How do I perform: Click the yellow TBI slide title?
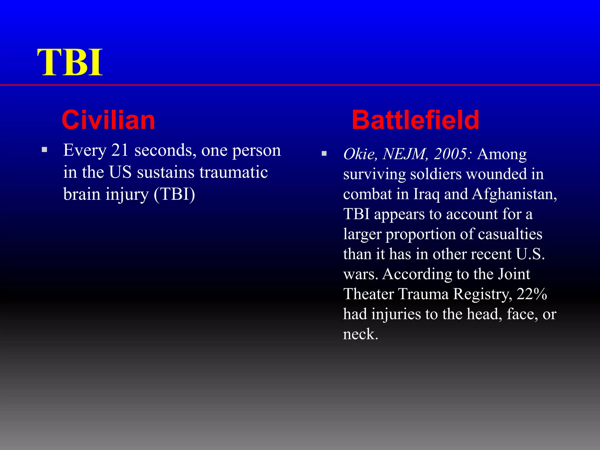click(x=70, y=62)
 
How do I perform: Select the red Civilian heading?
click(x=108, y=120)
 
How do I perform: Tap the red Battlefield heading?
click(x=415, y=120)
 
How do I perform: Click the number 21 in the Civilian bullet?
click(x=120, y=150)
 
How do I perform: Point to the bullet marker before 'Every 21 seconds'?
click(x=45, y=150)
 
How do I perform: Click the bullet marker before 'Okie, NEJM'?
click(x=324, y=154)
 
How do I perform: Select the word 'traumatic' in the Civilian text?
click(x=233, y=172)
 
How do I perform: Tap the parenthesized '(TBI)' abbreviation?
click(x=174, y=194)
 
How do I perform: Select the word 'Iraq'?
click(x=426, y=194)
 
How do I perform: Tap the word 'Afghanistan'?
click(x=514, y=194)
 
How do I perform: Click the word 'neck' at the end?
click(x=360, y=334)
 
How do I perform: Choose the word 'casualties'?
click(x=510, y=234)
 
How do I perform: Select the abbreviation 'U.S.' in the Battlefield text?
click(x=530, y=254)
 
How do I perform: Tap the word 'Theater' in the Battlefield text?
click(x=369, y=294)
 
